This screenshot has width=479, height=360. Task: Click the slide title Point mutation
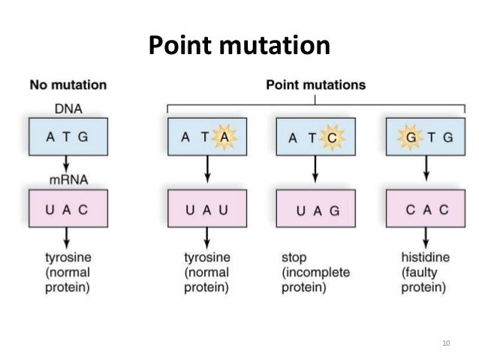click(239, 46)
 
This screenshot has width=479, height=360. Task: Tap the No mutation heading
click(68, 85)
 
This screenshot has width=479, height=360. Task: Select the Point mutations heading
click(315, 85)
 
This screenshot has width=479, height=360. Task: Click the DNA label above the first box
click(68, 110)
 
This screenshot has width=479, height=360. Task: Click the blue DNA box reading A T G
click(68, 137)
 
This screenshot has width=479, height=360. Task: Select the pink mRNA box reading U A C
click(68, 210)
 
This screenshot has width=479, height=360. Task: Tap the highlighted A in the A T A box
click(224, 137)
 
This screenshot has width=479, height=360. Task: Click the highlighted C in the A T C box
click(331, 137)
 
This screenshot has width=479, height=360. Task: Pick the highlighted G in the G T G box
click(411, 137)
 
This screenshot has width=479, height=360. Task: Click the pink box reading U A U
click(206, 210)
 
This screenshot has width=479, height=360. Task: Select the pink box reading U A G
click(315, 210)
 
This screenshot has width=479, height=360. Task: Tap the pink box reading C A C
click(423, 210)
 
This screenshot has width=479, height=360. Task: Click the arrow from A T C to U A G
click(315, 171)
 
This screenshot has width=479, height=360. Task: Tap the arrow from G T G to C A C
click(423, 171)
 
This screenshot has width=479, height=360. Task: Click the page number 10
click(446, 343)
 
